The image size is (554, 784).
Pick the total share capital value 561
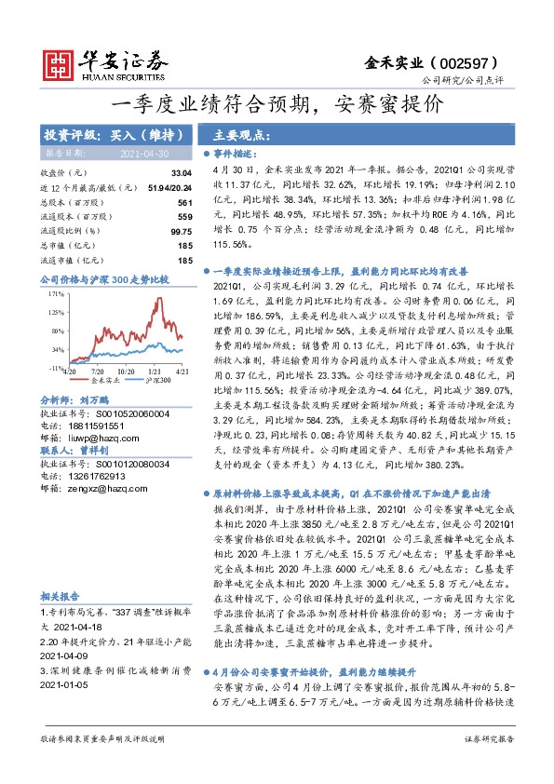(x=184, y=202)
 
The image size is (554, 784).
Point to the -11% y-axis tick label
(x=54, y=370)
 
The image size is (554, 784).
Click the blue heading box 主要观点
(x=236, y=133)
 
